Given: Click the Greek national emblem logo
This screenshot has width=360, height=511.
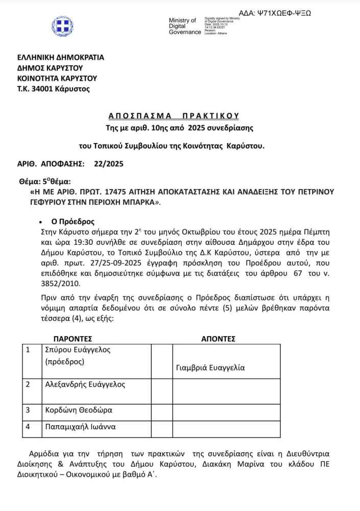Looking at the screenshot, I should [62, 26].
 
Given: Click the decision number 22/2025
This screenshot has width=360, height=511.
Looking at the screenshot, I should [109, 164].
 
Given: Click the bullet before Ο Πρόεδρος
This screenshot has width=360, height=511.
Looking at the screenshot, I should [40, 222].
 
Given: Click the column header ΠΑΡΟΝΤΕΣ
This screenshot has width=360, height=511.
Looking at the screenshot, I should [73, 338].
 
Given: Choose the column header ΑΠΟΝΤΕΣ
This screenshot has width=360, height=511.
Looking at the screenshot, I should [218, 338].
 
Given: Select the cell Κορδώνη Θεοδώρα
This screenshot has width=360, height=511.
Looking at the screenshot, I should [79, 410].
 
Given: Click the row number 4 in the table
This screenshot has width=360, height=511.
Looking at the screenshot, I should [28, 426].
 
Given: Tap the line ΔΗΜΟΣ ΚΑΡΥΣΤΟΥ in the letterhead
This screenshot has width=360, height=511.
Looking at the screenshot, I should [50, 67].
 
